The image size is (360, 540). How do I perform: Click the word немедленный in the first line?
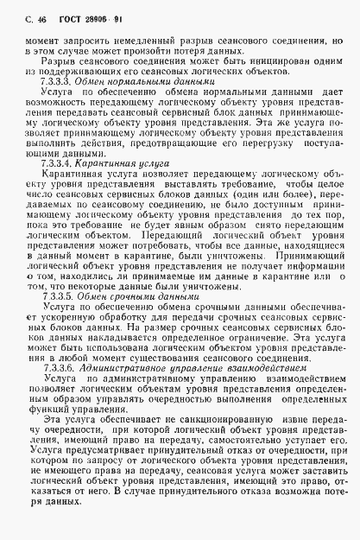click(135, 38)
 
